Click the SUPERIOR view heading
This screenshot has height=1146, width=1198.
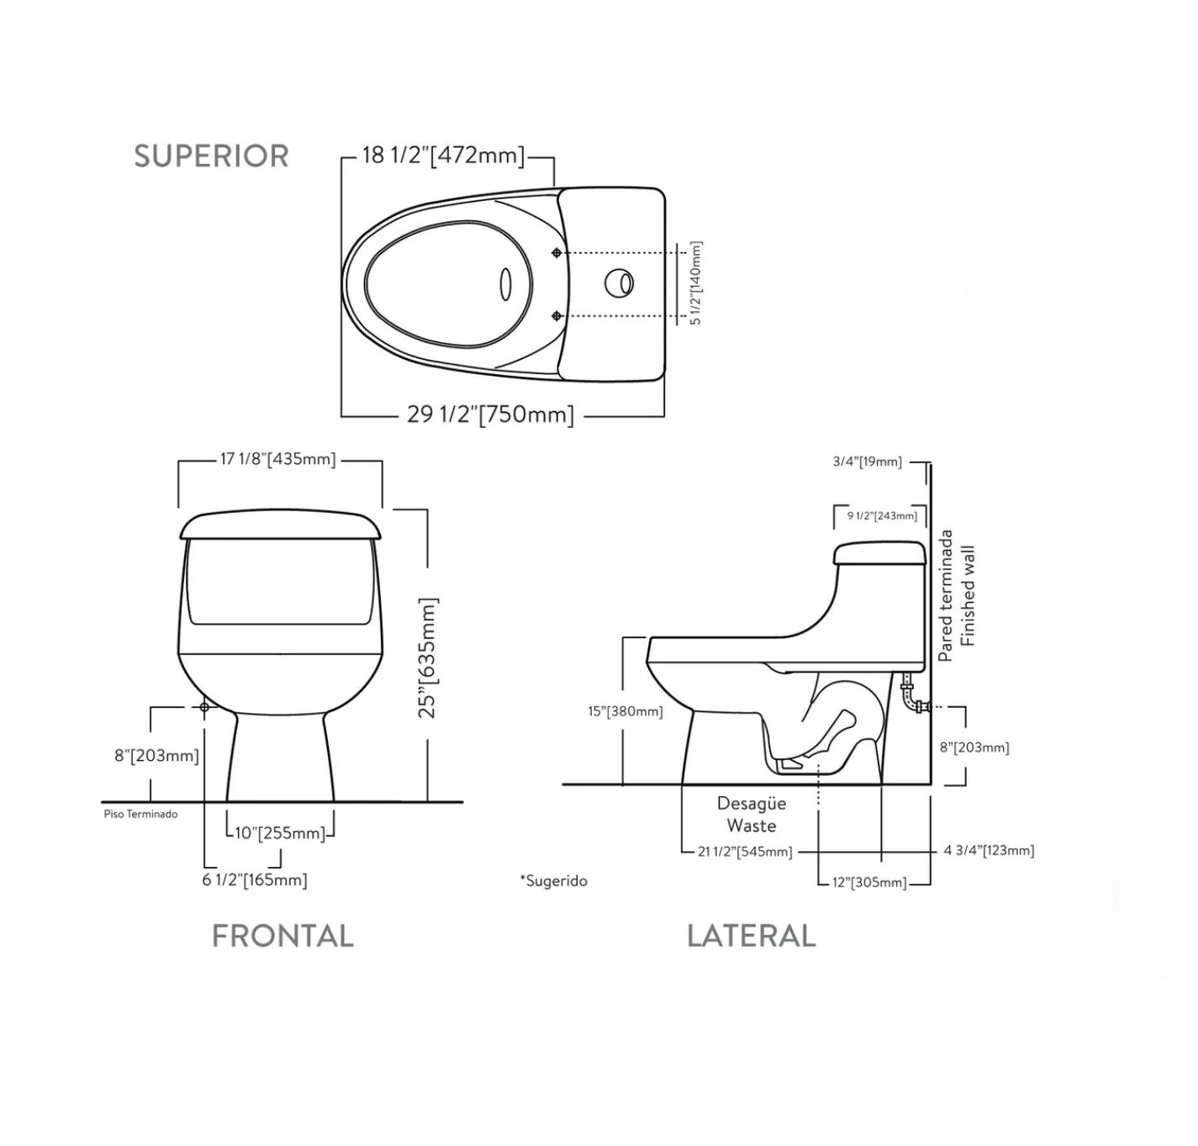[211, 156]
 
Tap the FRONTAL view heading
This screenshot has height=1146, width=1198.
[282, 936]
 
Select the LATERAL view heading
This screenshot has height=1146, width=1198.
[751, 936]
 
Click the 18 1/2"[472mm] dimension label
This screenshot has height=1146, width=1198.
[443, 156]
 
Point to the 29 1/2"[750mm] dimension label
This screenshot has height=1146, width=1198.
[490, 415]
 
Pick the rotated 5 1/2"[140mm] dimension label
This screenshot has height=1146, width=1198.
[695, 283]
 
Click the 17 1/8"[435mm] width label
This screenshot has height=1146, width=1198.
[277, 459]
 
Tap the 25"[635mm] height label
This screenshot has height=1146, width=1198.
[426, 658]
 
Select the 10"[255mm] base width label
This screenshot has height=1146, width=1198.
[279, 833]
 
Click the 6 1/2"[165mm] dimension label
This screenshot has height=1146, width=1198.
[255, 880]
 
